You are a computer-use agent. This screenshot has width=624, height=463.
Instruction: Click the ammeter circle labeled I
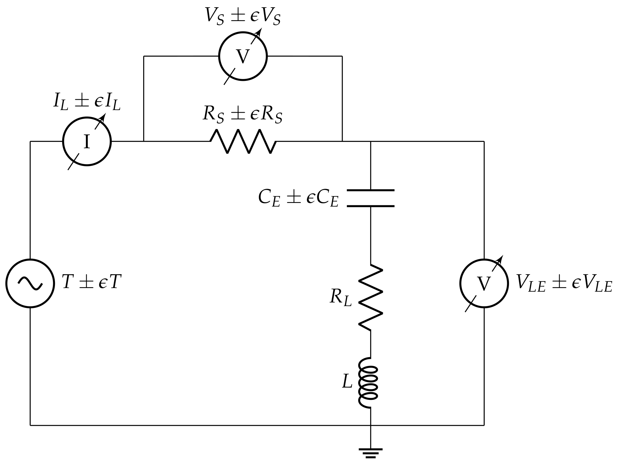[87, 141]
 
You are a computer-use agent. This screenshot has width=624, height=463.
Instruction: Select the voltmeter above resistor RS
[243, 56]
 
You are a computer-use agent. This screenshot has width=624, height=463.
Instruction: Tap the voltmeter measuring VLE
[484, 283]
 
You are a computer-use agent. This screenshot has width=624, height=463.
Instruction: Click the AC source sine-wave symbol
[30, 283]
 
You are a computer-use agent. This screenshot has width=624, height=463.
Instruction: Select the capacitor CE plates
[371, 198]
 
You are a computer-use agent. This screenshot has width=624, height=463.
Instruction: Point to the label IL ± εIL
[87, 101]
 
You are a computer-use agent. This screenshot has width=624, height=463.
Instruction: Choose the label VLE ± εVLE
[564, 283]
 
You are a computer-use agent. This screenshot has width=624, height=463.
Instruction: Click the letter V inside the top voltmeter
[243, 56]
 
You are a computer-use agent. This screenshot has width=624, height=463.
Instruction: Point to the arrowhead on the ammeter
[103, 117]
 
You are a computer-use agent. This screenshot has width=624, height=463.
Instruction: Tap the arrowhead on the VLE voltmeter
[500, 259]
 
